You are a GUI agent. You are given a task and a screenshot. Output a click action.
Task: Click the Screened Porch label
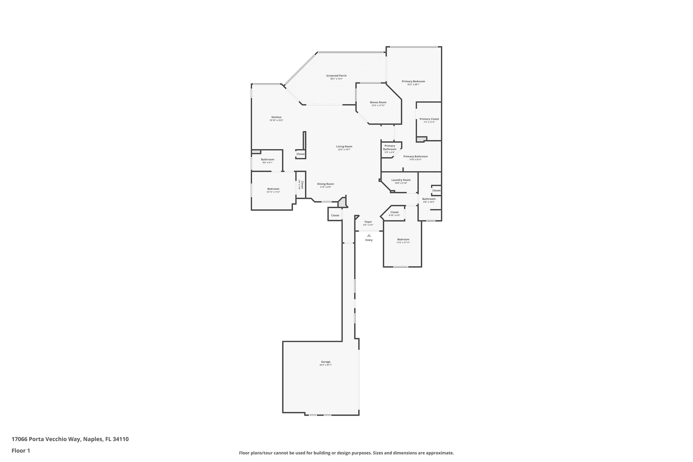click(x=336, y=76)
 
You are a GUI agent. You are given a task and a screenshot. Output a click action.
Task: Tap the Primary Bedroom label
click(x=413, y=81)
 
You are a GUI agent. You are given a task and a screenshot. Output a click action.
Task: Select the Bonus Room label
click(x=378, y=102)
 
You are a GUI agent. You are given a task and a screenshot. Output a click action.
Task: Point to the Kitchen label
click(x=276, y=117)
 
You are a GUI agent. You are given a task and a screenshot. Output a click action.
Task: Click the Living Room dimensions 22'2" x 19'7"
click(x=344, y=150)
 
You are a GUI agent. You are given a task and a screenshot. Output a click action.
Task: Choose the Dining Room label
click(x=325, y=184)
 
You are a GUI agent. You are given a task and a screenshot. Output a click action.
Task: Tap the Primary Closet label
click(x=429, y=119)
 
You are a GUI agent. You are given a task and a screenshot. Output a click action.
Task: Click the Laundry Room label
click(x=401, y=180)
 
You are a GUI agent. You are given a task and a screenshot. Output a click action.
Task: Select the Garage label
click(x=326, y=362)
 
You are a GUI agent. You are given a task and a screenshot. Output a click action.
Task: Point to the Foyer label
click(x=368, y=222)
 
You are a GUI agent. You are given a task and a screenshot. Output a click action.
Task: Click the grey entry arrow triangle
click(x=369, y=235)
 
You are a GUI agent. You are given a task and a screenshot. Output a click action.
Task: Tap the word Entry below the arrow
click(x=369, y=240)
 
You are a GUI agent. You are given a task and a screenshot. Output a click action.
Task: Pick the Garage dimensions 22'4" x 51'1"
click(x=326, y=365)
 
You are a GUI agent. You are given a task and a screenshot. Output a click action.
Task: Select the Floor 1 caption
click(x=21, y=450)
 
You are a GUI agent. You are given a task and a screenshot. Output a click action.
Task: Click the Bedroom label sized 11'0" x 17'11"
click(x=403, y=239)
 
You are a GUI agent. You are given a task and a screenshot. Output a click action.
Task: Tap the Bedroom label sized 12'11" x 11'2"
click(x=273, y=189)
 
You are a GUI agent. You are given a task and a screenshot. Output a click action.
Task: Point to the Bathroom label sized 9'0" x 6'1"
click(x=267, y=159)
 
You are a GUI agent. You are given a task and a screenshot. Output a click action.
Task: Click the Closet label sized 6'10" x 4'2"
click(x=394, y=212)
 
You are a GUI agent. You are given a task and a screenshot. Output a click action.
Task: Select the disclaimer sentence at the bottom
click(x=346, y=453)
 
